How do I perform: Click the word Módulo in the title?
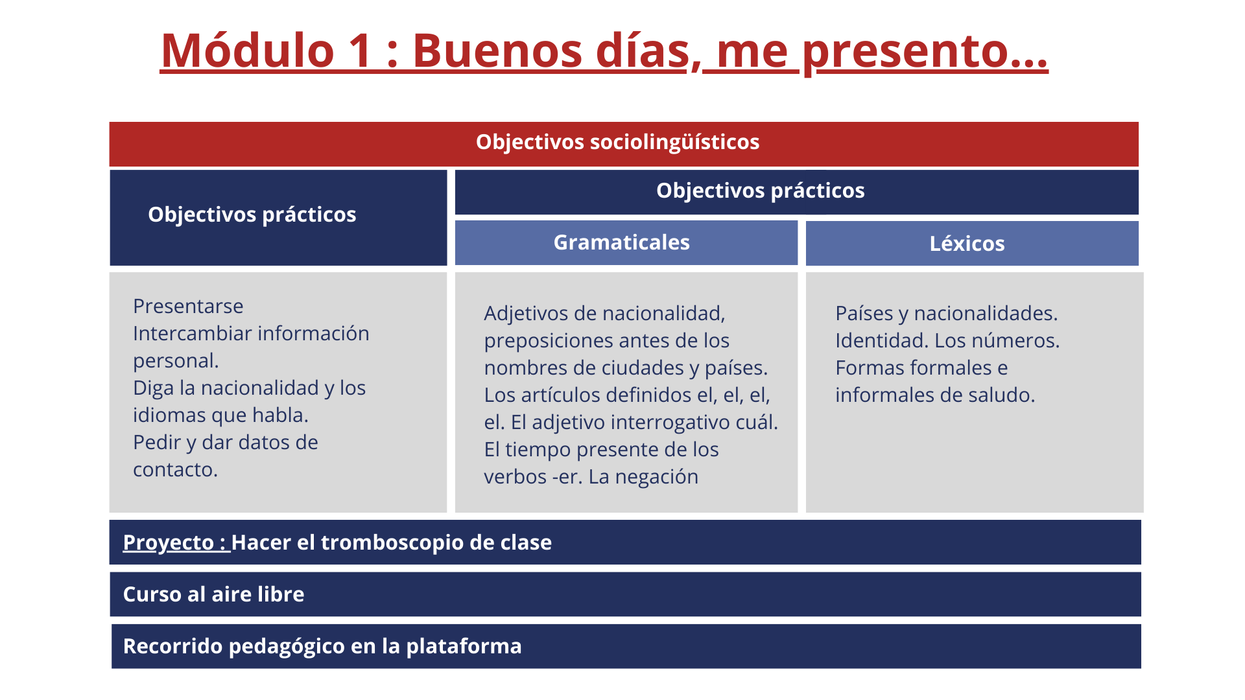(x=247, y=50)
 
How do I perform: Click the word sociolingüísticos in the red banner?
(x=674, y=142)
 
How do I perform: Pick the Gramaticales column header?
(x=621, y=242)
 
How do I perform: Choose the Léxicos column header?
(x=967, y=243)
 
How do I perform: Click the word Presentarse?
(x=188, y=306)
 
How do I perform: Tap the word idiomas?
(x=170, y=415)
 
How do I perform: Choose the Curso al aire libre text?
(x=213, y=594)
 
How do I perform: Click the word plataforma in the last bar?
(x=464, y=646)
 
